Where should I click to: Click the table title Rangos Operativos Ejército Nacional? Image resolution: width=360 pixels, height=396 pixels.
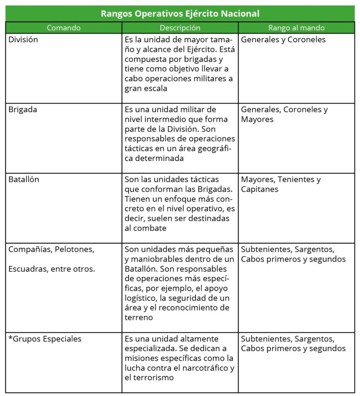click(x=180, y=14)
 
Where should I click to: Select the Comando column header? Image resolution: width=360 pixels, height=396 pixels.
click(x=64, y=28)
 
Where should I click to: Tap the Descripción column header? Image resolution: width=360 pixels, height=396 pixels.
click(x=180, y=28)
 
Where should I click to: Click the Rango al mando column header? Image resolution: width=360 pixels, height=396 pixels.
click(x=297, y=28)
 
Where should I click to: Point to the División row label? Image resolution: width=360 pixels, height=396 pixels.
click(x=23, y=40)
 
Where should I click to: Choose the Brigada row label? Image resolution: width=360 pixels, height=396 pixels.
click(x=23, y=109)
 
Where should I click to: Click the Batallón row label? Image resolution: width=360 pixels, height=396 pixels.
click(x=24, y=179)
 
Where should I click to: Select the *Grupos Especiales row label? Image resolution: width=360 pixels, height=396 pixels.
click(x=45, y=339)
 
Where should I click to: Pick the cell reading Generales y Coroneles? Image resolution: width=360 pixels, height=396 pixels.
click(x=283, y=40)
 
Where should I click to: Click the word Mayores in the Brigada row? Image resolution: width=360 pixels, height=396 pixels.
click(x=257, y=119)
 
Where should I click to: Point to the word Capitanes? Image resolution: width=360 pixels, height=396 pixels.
click(x=260, y=189)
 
